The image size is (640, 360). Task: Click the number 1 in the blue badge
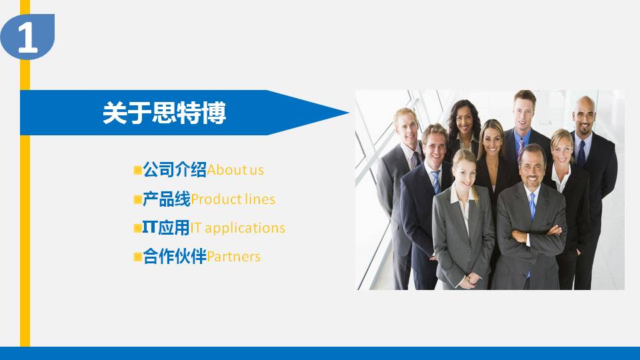[x=27, y=39]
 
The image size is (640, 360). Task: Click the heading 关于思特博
[x=164, y=113]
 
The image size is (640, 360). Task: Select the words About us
[x=235, y=170]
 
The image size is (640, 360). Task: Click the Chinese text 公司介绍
[x=175, y=170]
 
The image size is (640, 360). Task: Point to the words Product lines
[x=233, y=199]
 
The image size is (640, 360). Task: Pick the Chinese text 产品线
[x=167, y=199]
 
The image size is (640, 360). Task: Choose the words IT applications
[x=238, y=228]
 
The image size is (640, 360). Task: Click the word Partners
[x=234, y=257]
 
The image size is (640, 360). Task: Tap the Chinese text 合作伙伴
[x=175, y=257]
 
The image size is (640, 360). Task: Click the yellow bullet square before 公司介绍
[x=137, y=171]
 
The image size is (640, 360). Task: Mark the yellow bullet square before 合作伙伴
[x=137, y=257]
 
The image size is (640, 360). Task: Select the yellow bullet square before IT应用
[x=137, y=228]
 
